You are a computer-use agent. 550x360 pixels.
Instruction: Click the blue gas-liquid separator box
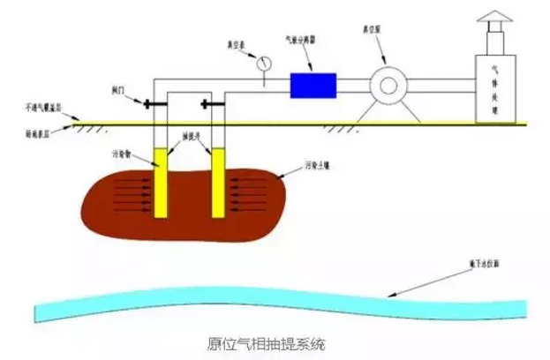313,85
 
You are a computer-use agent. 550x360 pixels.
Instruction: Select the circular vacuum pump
386,86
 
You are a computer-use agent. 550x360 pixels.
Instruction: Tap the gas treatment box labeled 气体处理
496,89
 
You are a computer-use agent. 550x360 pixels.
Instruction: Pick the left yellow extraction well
160,183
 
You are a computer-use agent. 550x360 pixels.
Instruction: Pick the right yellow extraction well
215,183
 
